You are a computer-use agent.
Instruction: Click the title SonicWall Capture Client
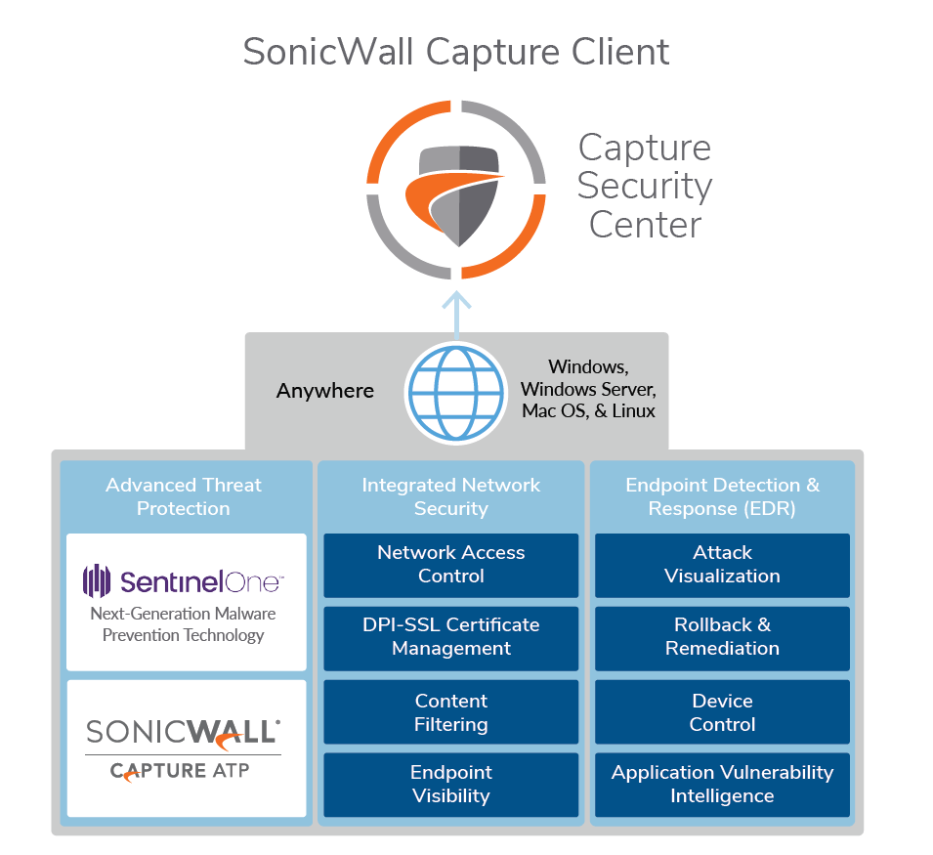click(456, 52)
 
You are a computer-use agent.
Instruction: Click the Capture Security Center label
click(644, 186)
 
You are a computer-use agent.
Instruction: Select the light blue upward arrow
click(456, 313)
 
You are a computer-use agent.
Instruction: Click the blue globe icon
click(456, 392)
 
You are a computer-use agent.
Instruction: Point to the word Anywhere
click(324, 391)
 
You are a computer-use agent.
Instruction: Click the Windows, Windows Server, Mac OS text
click(587, 389)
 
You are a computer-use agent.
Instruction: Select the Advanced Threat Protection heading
click(184, 496)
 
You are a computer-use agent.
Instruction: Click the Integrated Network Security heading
click(450, 496)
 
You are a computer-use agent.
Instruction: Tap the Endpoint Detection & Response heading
click(722, 496)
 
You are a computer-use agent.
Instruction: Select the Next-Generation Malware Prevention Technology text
click(184, 624)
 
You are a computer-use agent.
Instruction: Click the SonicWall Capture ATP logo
click(184, 748)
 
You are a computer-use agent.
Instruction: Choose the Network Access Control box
click(450, 565)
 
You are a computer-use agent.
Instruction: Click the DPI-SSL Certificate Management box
click(450, 637)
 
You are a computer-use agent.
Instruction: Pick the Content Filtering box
click(450, 712)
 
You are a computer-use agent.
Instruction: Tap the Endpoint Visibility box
click(450, 785)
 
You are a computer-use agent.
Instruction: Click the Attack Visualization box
click(722, 565)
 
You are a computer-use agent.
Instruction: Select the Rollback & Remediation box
click(722, 637)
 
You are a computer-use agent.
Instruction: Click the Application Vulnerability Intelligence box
click(722, 785)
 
